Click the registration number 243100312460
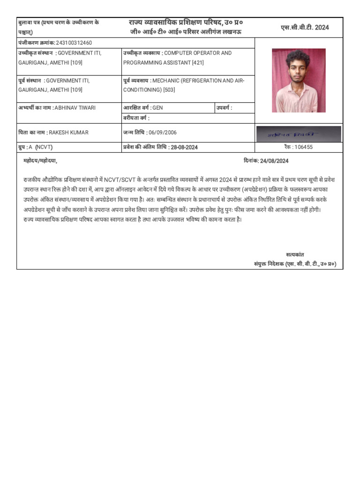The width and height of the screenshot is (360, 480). [74, 43]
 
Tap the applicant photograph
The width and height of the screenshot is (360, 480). [299, 80]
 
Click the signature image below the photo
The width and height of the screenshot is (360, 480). [299, 134]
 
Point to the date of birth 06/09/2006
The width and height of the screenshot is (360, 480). [163, 133]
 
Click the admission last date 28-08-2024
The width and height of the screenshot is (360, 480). [184, 147]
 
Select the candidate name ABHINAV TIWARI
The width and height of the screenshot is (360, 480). [75, 108]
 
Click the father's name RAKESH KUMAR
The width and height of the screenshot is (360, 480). [68, 133]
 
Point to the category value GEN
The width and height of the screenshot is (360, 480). [157, 108]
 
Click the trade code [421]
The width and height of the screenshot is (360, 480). [196, 62]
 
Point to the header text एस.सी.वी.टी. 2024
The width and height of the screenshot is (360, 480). [305, 28]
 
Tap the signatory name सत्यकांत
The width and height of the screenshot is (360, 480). [295, 255]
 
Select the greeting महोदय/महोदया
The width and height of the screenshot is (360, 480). [40, 161]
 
